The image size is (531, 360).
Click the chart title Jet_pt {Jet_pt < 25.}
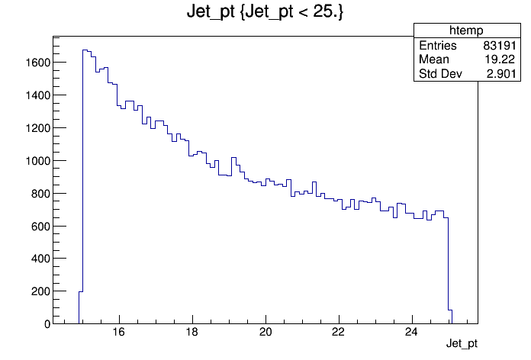(265, 12)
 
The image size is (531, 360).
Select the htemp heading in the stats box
(466, 31)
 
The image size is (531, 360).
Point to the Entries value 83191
(500, 45)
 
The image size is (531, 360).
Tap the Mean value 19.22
(500, 59)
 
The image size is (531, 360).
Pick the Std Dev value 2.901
(501, 73)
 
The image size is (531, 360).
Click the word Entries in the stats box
(438, 45)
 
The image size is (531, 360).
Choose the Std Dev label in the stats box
(440, 73)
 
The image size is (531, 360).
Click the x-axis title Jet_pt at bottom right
(462, 343)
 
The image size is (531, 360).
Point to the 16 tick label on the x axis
(119, 333)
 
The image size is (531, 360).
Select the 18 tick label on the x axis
(192, 333)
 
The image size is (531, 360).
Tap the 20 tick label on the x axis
(265, 333)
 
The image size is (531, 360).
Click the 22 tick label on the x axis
(338, 333)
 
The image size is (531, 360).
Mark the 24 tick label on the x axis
(411, 333)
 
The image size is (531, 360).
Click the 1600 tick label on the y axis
(37, 63)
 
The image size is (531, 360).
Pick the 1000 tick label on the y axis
(37, 161)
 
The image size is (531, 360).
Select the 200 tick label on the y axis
(40, 291)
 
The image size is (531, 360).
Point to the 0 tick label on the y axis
(47, 324)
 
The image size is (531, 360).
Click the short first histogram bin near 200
(81, 307)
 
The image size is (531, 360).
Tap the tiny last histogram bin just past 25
(450, 317)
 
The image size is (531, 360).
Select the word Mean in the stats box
(434, 59)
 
